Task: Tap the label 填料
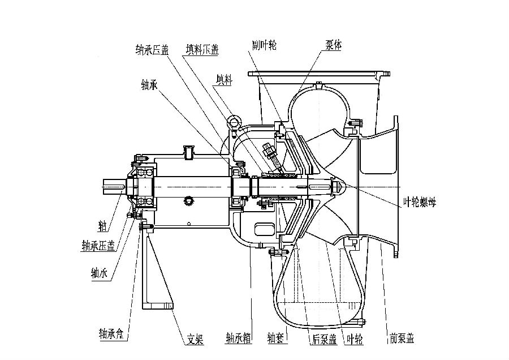point(224,79)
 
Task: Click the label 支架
point(195,340)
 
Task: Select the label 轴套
point(278,339)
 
